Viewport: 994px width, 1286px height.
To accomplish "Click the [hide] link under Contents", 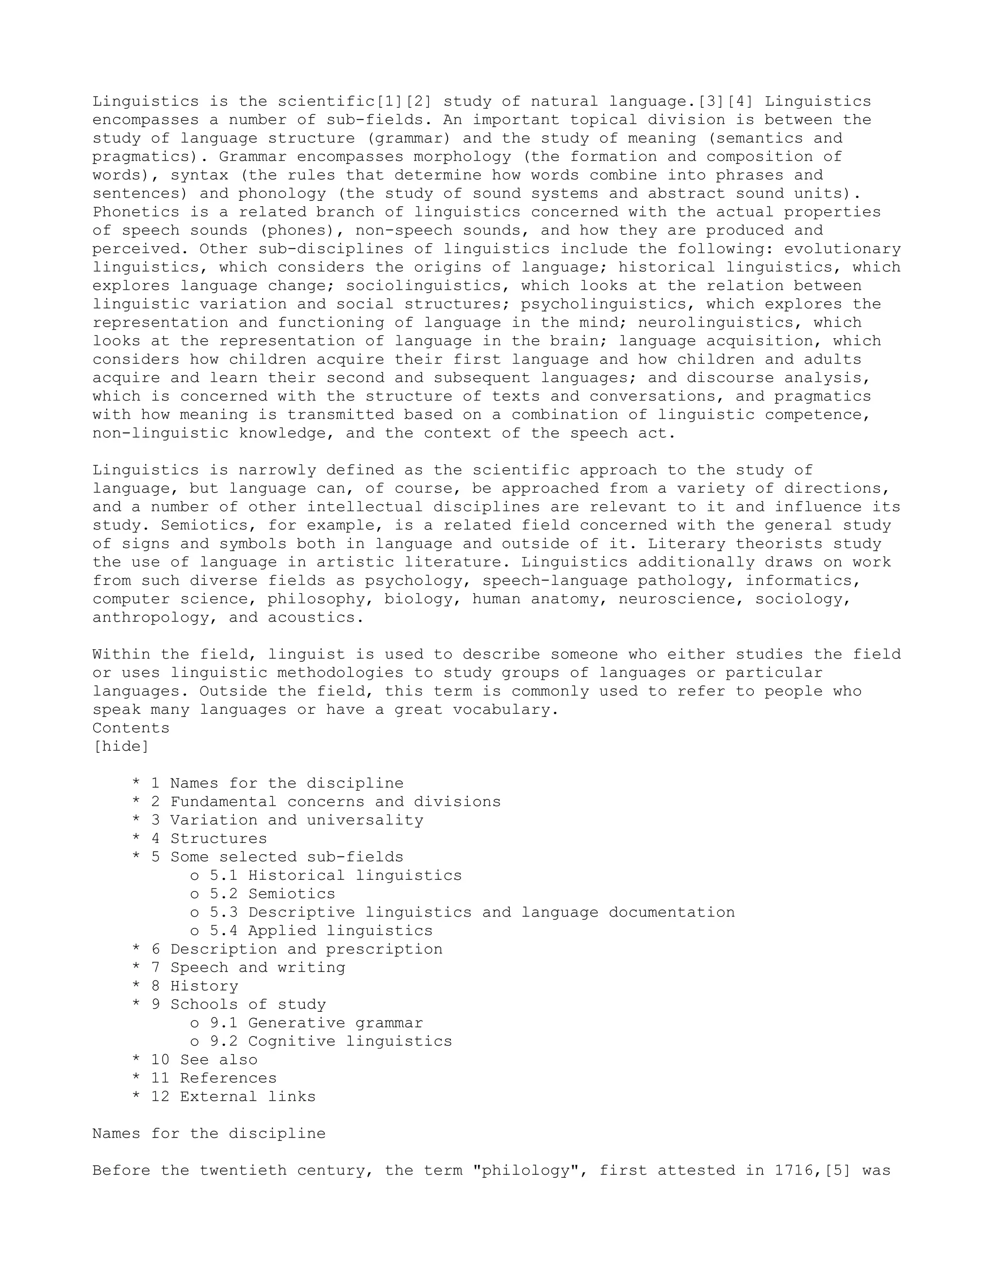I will pyautogui.click(x=121, y=747).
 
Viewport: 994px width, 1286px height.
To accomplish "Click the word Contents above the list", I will pyautogui.click(x=131, y=728).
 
